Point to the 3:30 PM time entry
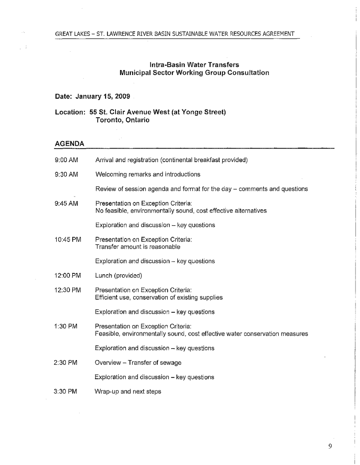66,391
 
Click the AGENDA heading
69,143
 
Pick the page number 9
330,446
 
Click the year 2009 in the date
122,96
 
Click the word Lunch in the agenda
103,276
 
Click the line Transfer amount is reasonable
138,247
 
